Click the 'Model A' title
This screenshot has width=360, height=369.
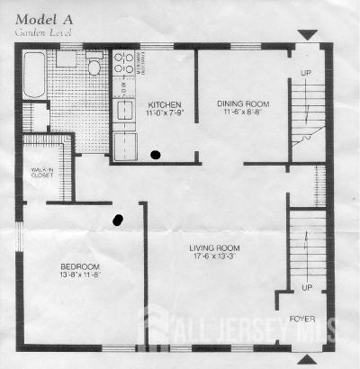tap(39, 19)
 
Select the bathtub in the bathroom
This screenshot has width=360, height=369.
tap(34, 75)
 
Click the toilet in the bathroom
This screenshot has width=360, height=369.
tap(94, 66)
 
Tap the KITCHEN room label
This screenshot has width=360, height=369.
tap(165, 103)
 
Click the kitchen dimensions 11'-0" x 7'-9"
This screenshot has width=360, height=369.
tap(165, 112)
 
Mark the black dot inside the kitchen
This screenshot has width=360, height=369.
tap(157, 155)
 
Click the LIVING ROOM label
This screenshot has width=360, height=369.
tap(213, 247)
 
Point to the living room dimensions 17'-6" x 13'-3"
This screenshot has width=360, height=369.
tap(213, 257)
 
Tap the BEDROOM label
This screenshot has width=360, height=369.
tap(80, 267)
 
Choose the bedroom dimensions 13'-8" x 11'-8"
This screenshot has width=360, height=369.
tap(80, 277)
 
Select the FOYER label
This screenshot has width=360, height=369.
tap(301, 319)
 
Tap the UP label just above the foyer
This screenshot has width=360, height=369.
tap(306, 289)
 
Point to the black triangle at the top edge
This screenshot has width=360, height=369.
tap(308, 35)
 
